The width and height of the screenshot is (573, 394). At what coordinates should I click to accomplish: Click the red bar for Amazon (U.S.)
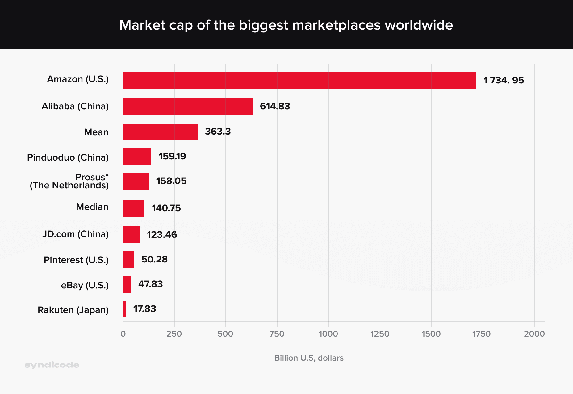pyautogui.click(x=299, y=81)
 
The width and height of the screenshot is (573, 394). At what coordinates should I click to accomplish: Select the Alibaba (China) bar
pyautogui.click(x=188, y=107)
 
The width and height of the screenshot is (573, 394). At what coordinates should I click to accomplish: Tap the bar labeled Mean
pyautogui.click(x=160, y=132)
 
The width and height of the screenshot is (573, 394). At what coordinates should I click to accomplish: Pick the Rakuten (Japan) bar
pyautogui.click(x=125, y=309)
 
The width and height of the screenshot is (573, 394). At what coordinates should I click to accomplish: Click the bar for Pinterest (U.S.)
pyautogui.click(x=128, y=260)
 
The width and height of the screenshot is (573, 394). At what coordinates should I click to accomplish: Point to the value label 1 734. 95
pyautogui.click(x=504, y=81)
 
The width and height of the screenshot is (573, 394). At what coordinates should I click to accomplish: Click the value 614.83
pyautogui.click(x=275, y=107)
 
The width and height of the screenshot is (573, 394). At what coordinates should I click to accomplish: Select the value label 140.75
pyautogui.click(x=166, y=208)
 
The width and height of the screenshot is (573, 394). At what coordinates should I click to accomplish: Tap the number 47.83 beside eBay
pyautogui.click(x=150, y=284)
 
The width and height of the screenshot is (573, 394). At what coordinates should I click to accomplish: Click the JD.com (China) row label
pyautogui.click(x=75, y=234)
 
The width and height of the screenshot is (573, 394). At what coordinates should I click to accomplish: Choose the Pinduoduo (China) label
pyautogui.click(x=68, y=157)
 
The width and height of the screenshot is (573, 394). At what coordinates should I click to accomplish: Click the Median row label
pyautogui.click(x=92, y=207)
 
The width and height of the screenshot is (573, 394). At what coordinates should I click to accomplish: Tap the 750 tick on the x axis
pyautogui.click(x=277, y=334)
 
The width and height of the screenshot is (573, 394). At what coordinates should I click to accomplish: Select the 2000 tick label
pyautogui.click(x=534, y=334)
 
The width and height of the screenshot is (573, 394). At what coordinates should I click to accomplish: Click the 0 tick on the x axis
pyautogui.click(x=123, y=334)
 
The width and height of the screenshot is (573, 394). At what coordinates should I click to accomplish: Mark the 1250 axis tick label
pyautogui.click(x=380, y=334)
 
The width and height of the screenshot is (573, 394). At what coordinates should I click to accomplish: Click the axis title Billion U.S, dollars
pyautogui.click(x=309, y=358)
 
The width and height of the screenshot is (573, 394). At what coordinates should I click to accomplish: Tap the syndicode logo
pyautogui.click(x=52, y=365)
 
